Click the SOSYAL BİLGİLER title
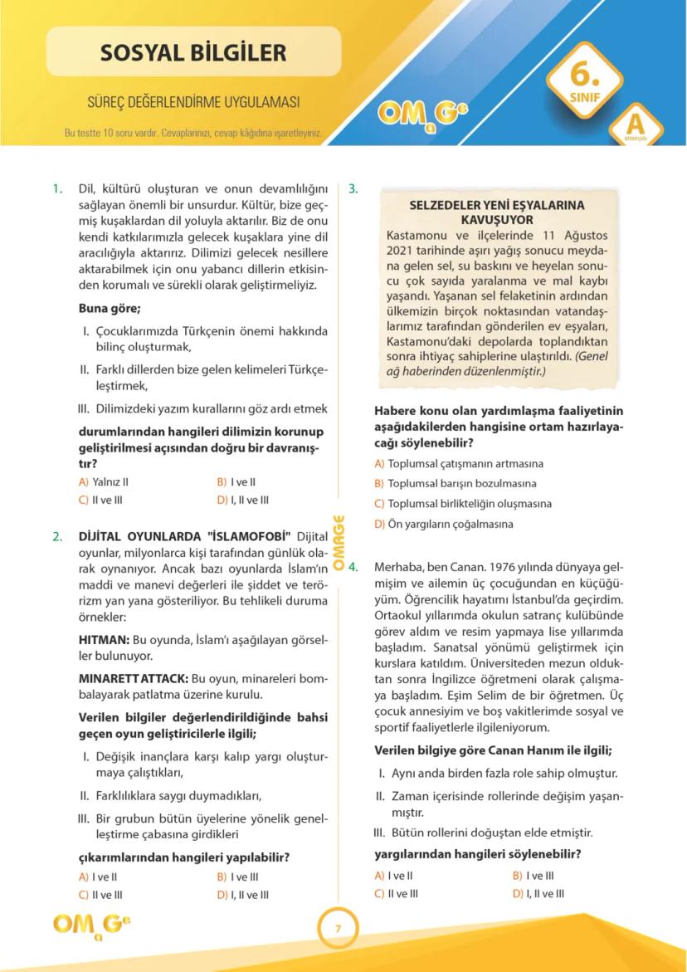pos(193,53)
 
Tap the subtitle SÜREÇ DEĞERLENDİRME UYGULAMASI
pos(193,103)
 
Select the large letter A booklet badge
pos(636,125)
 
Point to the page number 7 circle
pos(338,928)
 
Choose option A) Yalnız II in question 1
pos(103,481)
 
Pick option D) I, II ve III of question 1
pos(242,500)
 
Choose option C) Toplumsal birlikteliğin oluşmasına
pos(463,504)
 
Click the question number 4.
pos(353,568)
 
